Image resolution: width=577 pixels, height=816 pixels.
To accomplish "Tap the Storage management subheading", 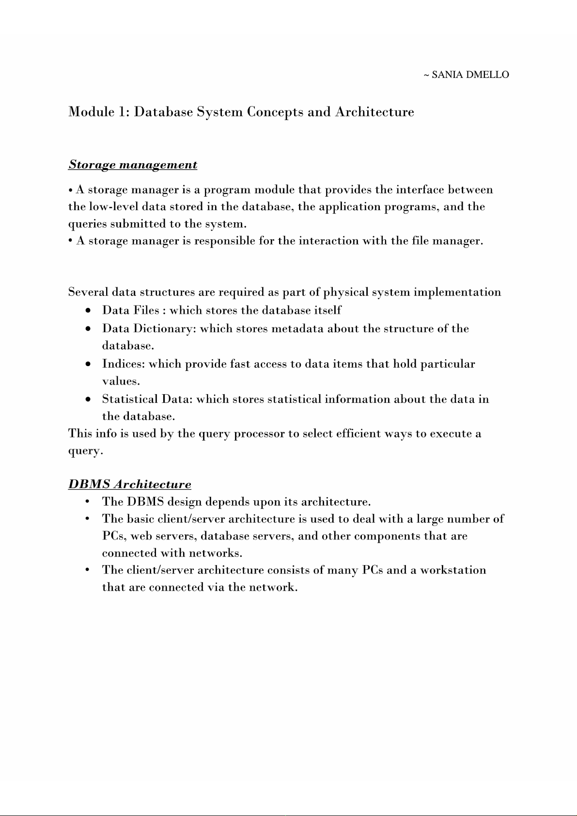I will [x=133, y=165].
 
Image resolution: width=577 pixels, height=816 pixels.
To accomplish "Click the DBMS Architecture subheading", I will [x=129, y=484].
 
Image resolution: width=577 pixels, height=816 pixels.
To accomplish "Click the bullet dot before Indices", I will [x=87, y=364].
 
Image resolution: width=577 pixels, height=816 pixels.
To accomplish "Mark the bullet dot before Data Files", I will [x=87, y=310].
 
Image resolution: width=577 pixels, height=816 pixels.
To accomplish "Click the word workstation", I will [x=453, y=570].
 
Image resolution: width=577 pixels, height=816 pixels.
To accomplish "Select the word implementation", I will [x=457, y=293].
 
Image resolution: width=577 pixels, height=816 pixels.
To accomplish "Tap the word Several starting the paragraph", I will [x=88, y=293].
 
